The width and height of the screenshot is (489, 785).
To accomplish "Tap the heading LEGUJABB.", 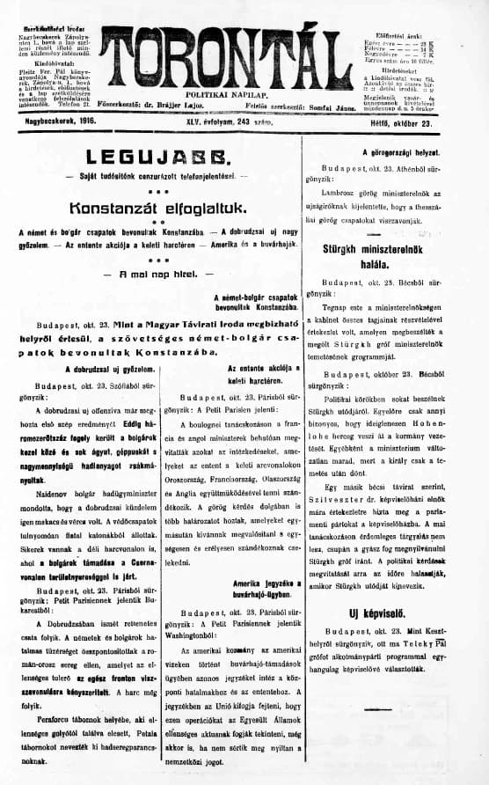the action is coord(155,158).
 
